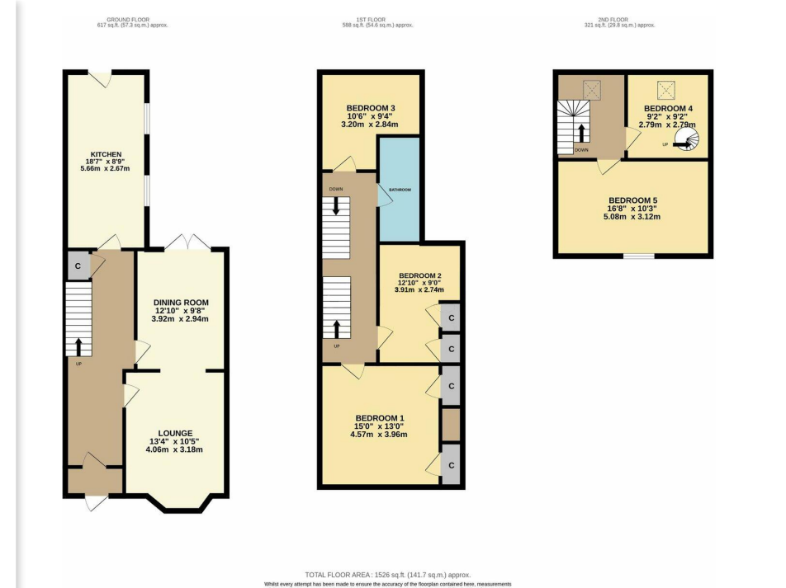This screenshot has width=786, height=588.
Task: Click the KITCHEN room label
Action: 106,154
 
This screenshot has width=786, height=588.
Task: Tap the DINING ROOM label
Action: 181,303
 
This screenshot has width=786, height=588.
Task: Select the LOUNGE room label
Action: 175,433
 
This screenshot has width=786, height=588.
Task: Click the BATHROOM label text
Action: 400,190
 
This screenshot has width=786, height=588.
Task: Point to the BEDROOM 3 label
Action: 371,108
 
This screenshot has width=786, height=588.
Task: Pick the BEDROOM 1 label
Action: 380,418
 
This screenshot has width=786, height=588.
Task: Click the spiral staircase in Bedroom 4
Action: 687,139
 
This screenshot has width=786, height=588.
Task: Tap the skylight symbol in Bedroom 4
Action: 666,91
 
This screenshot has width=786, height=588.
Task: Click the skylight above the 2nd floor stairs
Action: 591,91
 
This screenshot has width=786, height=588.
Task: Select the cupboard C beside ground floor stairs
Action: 78,266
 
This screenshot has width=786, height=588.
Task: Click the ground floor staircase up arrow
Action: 78,347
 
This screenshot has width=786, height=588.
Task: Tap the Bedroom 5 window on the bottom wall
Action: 639,256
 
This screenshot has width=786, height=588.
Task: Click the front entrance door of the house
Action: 97,502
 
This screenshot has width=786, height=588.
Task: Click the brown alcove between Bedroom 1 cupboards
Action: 451,424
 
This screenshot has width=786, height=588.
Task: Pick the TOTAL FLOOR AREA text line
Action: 388,575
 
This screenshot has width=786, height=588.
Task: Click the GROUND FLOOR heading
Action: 128,20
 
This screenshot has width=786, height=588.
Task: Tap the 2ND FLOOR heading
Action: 613,20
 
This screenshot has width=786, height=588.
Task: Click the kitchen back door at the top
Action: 100,78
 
